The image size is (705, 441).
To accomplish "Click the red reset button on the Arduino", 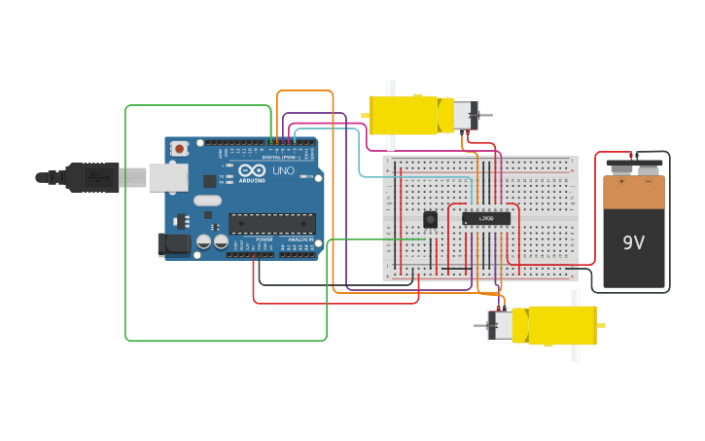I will tap(179, 149).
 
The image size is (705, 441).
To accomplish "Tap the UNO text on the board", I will tap(283, 171).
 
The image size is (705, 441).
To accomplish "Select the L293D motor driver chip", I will tap(485, 218).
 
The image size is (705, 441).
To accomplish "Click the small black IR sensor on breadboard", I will tap(430, 220).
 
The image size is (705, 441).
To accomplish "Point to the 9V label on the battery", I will tap(633, 242).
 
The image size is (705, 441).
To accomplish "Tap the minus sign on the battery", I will tap(648, 180).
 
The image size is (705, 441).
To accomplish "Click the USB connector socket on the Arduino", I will tap(167, 176).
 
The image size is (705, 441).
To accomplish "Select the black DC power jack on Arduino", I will tap(174, 244).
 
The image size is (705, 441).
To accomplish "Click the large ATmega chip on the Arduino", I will tap(271, 223).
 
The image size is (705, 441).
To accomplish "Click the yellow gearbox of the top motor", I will tap(403, 115).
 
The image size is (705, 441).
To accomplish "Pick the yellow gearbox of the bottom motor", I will tap(562, 325).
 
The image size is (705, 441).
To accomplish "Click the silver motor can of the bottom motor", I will tap(500, 325).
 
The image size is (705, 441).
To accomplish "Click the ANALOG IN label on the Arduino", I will tap(300, 239).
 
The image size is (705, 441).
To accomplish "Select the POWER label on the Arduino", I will tap(264, 239).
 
